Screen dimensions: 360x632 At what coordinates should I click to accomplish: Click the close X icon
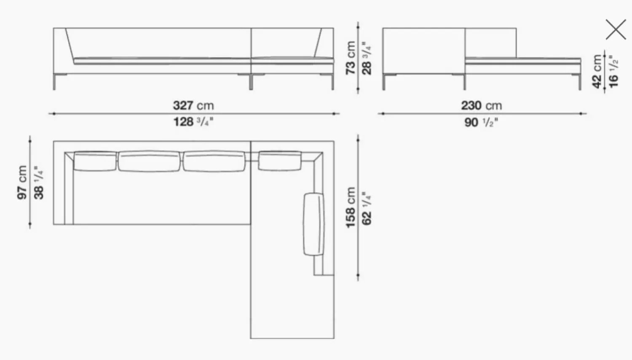(616, 30)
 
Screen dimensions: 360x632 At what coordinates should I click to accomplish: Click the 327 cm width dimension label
(193, 105)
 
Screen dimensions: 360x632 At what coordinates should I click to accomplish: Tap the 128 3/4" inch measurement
(193, 122)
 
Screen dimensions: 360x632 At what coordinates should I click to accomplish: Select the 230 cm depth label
(481, 105)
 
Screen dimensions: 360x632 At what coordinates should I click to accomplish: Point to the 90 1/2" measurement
(481, 122)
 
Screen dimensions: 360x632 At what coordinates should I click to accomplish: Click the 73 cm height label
(351, 58)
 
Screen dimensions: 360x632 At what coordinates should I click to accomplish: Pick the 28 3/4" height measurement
(367, 58)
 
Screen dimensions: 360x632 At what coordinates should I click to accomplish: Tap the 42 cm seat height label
(597, 71)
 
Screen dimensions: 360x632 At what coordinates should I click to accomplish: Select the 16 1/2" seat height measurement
(613, 71)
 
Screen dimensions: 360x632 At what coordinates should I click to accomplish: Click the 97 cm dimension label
(22, 182)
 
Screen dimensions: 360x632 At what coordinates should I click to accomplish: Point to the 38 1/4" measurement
(38, 182)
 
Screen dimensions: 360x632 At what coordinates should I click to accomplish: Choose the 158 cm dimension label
(351, 208)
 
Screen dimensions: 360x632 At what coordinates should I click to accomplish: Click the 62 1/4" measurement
(367, 208)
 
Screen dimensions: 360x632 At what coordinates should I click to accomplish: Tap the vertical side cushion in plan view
(314, 224)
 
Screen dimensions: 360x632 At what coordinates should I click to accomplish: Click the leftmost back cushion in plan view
(95, 161)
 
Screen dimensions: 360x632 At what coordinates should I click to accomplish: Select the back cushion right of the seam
(280, 161)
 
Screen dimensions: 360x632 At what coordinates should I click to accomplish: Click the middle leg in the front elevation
(251, 82)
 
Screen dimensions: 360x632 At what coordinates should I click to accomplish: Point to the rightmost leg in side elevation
(579, 82)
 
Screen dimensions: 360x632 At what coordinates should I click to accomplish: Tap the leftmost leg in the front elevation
(54, 82)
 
